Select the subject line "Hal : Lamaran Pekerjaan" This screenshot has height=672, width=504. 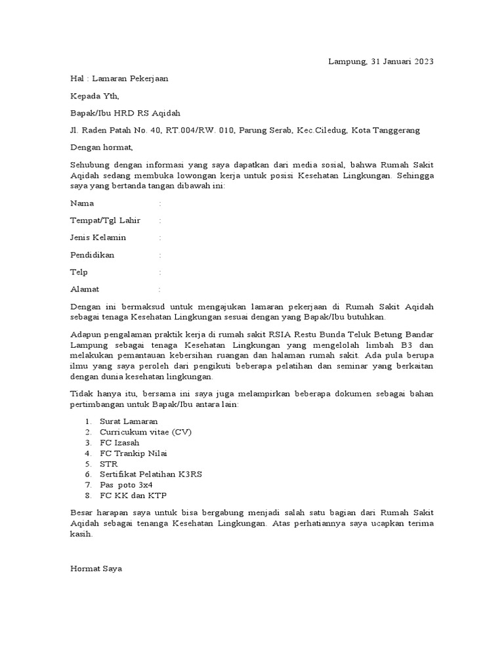click(x=119, y=79)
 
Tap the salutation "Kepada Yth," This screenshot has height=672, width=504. click(x=95, y=96)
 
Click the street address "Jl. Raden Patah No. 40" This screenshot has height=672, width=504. click(x=115, y=130)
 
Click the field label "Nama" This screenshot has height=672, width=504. click(x=82, y=203)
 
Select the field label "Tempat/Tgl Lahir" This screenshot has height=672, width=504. click(x=105, y=220)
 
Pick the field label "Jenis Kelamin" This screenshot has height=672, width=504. click(x=98, y=238)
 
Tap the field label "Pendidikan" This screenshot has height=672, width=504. click(x=92, y=255)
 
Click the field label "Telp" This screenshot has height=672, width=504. click(x=79, y=272)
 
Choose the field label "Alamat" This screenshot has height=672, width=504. click(x=85, y=289)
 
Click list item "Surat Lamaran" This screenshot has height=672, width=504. click(x=129, y=421)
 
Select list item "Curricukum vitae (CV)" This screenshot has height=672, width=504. click(x=146, y=432)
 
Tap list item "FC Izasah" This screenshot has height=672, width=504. click(x=119, y=442)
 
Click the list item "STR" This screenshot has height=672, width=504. click(x=108, y=463)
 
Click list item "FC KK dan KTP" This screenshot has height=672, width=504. click(x=129, y=495)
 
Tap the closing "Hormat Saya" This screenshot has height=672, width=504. click(x=96, y=568)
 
